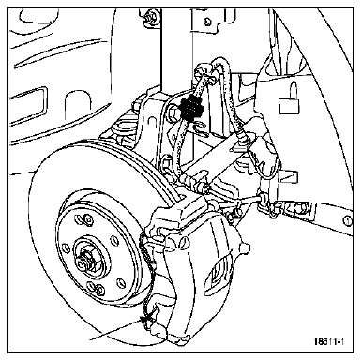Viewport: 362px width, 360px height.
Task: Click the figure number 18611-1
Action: (x=329, y=341)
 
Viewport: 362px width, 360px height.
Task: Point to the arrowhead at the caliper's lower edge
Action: (x=143, y=320)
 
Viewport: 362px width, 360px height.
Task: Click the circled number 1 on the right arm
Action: (x=347, y=221)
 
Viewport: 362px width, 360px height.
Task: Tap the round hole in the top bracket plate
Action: (x=206, y=22)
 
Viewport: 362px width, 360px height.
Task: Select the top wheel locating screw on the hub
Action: (x=87, y=219)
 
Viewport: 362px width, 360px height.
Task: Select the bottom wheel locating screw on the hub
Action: (x=99, y=290)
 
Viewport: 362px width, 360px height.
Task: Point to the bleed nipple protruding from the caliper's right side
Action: (x=245, y=247)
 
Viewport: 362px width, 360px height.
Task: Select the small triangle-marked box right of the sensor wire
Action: (x=289, y=176)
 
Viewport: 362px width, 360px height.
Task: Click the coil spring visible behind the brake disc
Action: (x=124, y=130)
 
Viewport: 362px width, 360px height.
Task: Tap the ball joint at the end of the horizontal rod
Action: (x=263, y=197)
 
